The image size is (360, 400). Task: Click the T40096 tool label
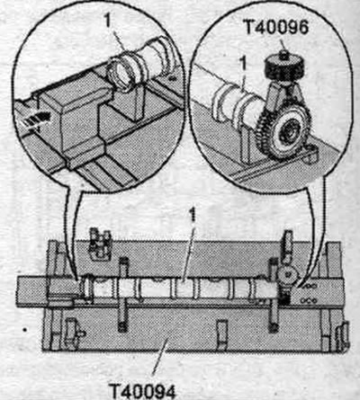277,28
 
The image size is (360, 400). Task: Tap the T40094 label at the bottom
141,390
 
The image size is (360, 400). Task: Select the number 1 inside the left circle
109,22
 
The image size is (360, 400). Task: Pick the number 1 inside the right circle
243,65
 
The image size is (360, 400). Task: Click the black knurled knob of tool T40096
283,68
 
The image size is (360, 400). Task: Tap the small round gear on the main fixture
287,274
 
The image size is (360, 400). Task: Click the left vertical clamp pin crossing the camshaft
124,294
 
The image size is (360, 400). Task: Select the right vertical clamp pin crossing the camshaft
274,295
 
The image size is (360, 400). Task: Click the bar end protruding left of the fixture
31,290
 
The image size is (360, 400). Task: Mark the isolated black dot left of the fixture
25,330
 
